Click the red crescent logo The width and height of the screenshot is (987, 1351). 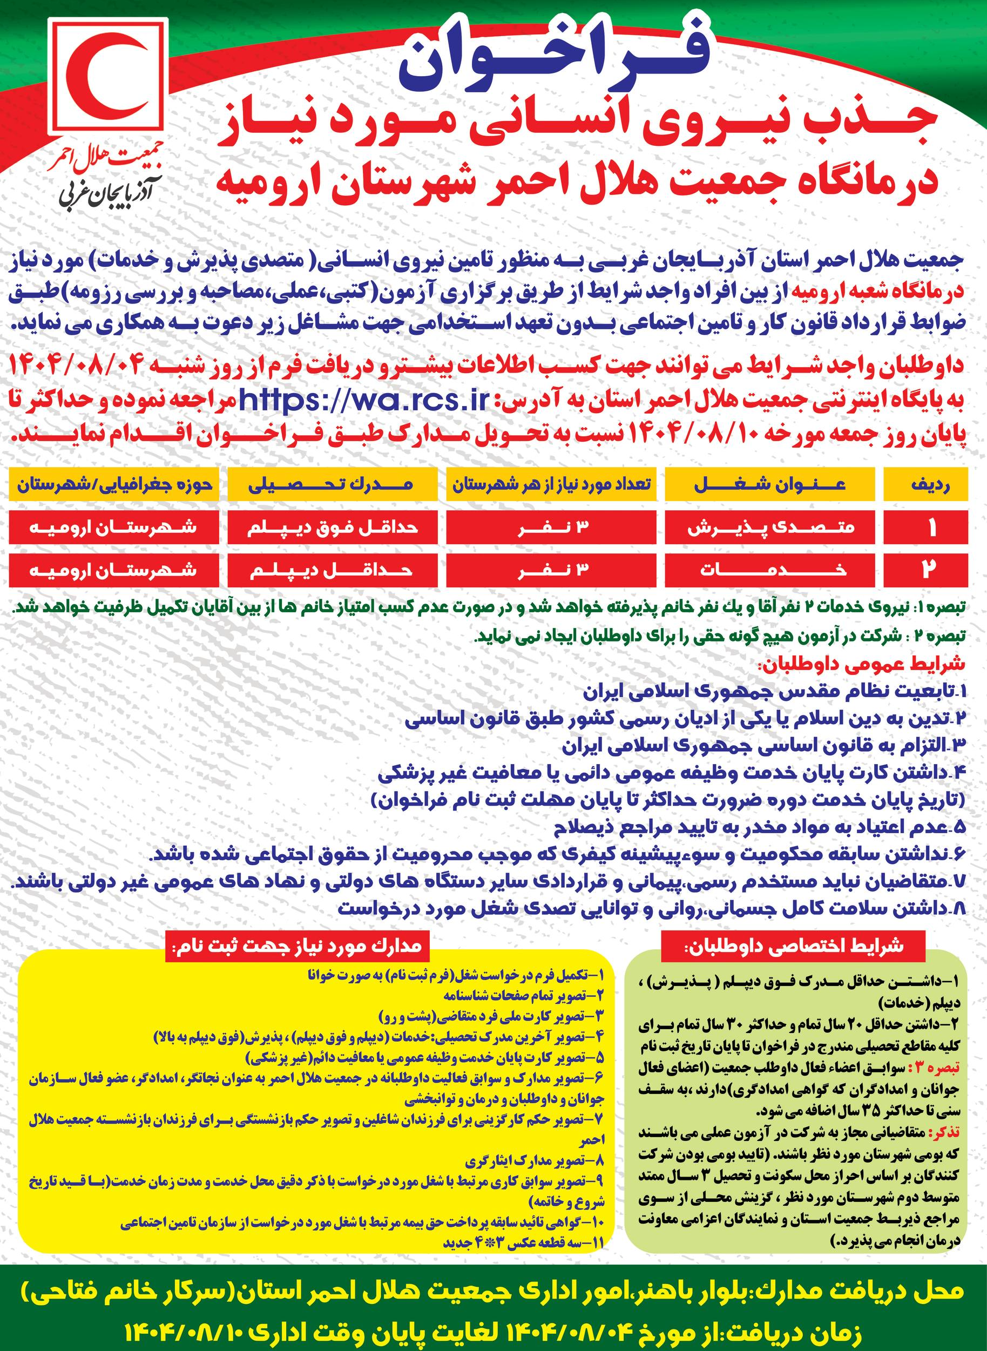tap(107, 78)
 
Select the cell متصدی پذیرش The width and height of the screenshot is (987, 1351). tap(769, 528)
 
